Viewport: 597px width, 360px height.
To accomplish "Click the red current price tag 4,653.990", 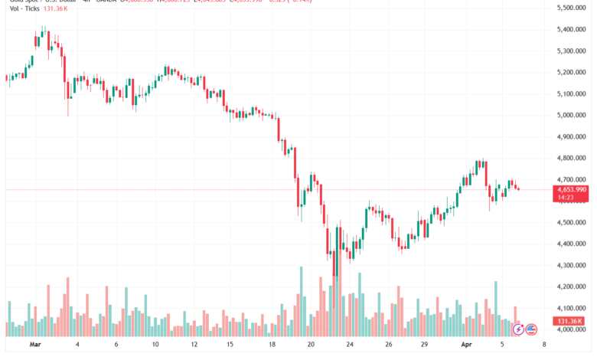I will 573,189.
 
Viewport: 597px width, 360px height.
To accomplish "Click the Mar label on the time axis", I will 34,345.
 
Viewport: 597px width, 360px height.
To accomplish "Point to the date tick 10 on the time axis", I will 155,345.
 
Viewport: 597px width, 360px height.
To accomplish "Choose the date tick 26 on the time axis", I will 389,345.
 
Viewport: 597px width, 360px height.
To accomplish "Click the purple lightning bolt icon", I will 518,329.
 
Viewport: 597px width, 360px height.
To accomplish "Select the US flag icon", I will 531,329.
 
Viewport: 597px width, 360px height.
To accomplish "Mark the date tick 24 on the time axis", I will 349,345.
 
